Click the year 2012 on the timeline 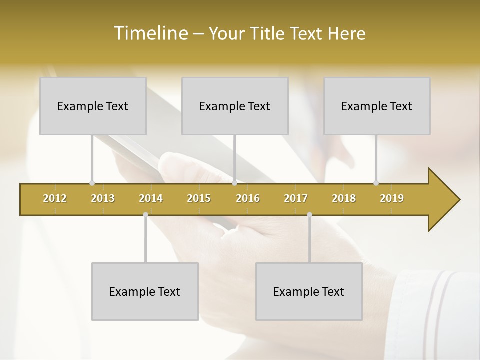tap(55, 198)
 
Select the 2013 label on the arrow tap(103, 198)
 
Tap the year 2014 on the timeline tap(151, 198)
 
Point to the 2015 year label tap(199, 198)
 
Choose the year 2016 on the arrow tap(248, 198)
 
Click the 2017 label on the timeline tap(296, 198)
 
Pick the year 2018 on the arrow tap(344, 198)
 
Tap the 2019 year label tap(392, 198)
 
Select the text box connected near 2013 tap(93, 106)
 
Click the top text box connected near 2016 tap(235, 106)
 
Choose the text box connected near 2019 tap(377, 106)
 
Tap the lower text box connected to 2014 tap(145, 291)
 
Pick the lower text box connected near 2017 tap(309, 291)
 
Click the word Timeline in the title tap(150, 33)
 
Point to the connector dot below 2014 tap(145, 215)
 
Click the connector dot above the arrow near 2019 tap(376, 183)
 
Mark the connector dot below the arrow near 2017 tap(309, 215)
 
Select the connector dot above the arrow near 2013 tap(92, 183)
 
